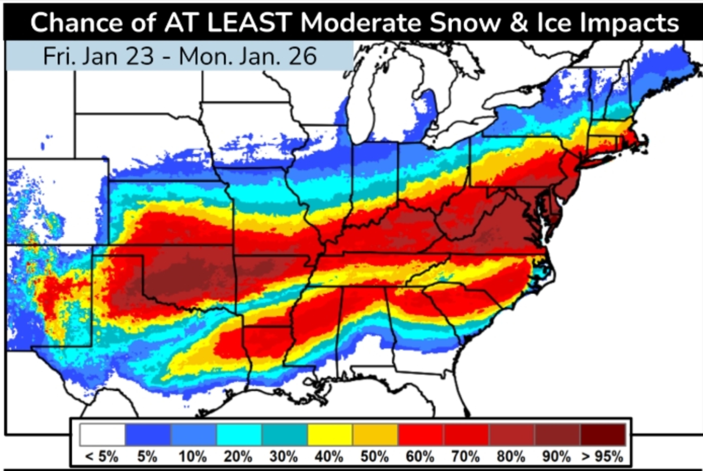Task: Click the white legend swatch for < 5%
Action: (102, 434)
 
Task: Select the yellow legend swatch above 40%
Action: (330, 434)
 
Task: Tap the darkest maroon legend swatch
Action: (603, 434)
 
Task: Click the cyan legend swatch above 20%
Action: (239, 434)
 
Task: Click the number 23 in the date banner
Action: (140, 56)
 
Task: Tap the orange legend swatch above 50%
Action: (375, 434)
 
